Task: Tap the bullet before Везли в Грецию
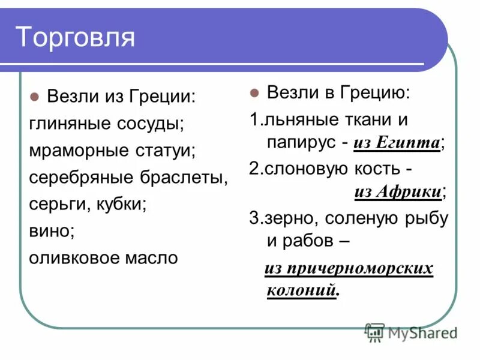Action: click(x=254, y=94)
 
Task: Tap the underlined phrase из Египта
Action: click(x=396, y=143)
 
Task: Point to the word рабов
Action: click(x=311, y=241)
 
